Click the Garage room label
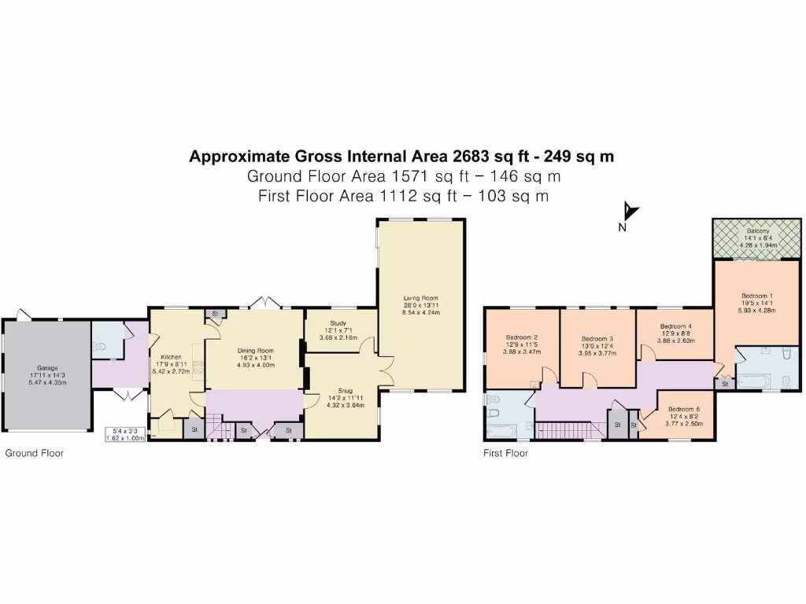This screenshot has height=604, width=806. [x=48, y=367]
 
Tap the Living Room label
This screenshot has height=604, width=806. [x=421, y=298]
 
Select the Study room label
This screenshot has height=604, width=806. [x=338, y=323]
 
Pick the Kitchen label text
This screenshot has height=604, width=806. [x=171, y=357]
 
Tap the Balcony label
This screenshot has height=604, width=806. [x=758, y=231]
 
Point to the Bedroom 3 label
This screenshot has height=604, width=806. [x=597, y=338]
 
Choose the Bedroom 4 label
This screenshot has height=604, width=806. [x=675, y=326]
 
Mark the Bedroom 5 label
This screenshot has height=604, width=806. [x=684, y=409]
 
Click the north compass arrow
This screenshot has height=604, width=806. [x=630, y=212]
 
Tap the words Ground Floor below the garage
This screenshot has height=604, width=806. [x=35, y=454]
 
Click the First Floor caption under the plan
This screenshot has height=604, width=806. [x=505, y=454]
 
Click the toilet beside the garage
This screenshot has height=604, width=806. [x=100, y=344]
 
